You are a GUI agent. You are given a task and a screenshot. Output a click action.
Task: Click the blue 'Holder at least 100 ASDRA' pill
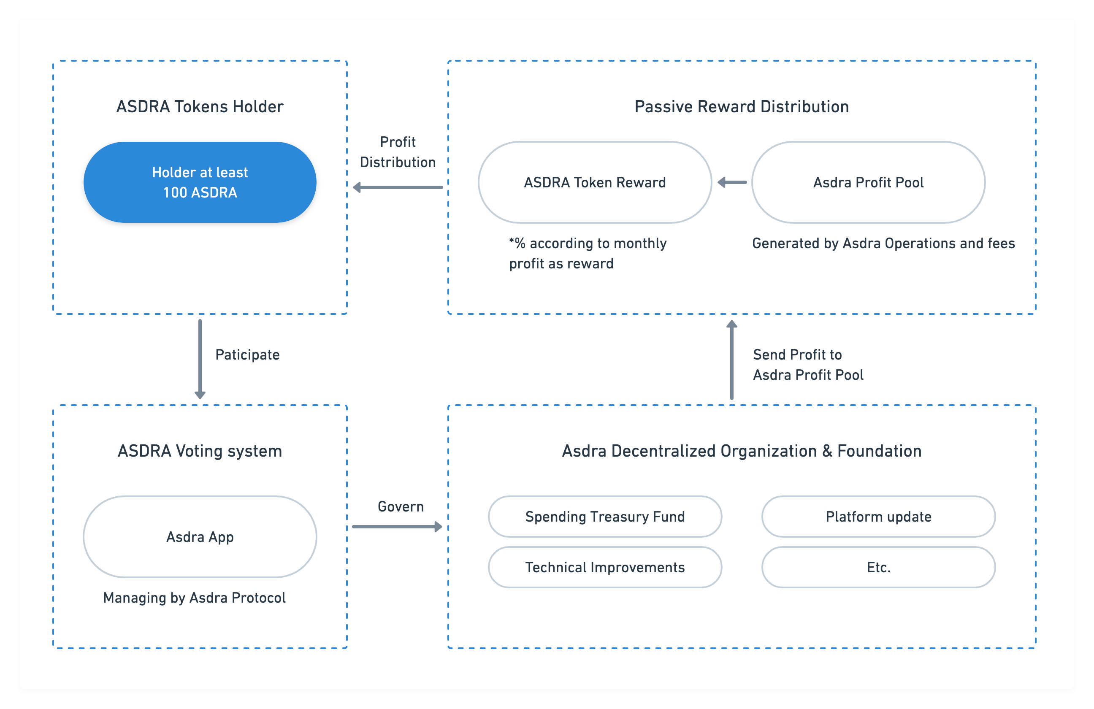coord(200,182)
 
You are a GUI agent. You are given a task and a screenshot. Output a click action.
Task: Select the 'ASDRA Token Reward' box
coord(595,182)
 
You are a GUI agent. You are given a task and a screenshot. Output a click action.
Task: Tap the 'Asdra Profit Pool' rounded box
coord(868,182)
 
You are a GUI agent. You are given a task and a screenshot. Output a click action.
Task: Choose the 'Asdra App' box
coord(200,537)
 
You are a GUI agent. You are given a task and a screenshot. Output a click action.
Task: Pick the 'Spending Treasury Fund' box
coord(605,517)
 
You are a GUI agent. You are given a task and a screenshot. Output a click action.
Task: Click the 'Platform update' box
coord(878,517)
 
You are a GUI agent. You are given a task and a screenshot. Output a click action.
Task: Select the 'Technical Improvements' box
coord(605,567)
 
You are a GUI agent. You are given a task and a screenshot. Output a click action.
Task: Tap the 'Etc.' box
coord(878,567)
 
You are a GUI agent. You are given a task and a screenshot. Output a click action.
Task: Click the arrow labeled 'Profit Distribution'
coord(398,187)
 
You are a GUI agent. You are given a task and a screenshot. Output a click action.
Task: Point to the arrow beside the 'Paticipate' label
coord(200,359)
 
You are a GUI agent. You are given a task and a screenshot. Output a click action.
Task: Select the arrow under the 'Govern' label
coord(397,527)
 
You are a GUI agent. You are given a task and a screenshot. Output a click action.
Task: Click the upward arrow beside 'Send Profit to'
coord(732,360)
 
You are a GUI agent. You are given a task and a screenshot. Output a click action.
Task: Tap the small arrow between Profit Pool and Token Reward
coord(732,182)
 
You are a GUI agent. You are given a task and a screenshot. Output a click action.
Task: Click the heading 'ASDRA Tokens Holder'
coord(200,107)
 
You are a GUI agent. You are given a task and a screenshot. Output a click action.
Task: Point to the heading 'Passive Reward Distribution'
coord(742,107)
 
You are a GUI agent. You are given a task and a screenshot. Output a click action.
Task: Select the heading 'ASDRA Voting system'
coord(200,451)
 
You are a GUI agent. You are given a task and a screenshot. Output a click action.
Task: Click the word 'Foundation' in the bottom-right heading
coord(879,451)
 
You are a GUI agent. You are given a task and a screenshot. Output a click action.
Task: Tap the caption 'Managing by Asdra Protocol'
coord(195,598)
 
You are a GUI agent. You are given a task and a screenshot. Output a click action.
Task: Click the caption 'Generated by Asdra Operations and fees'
coord(883,244)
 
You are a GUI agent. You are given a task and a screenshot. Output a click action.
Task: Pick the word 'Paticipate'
coord(247,355)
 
